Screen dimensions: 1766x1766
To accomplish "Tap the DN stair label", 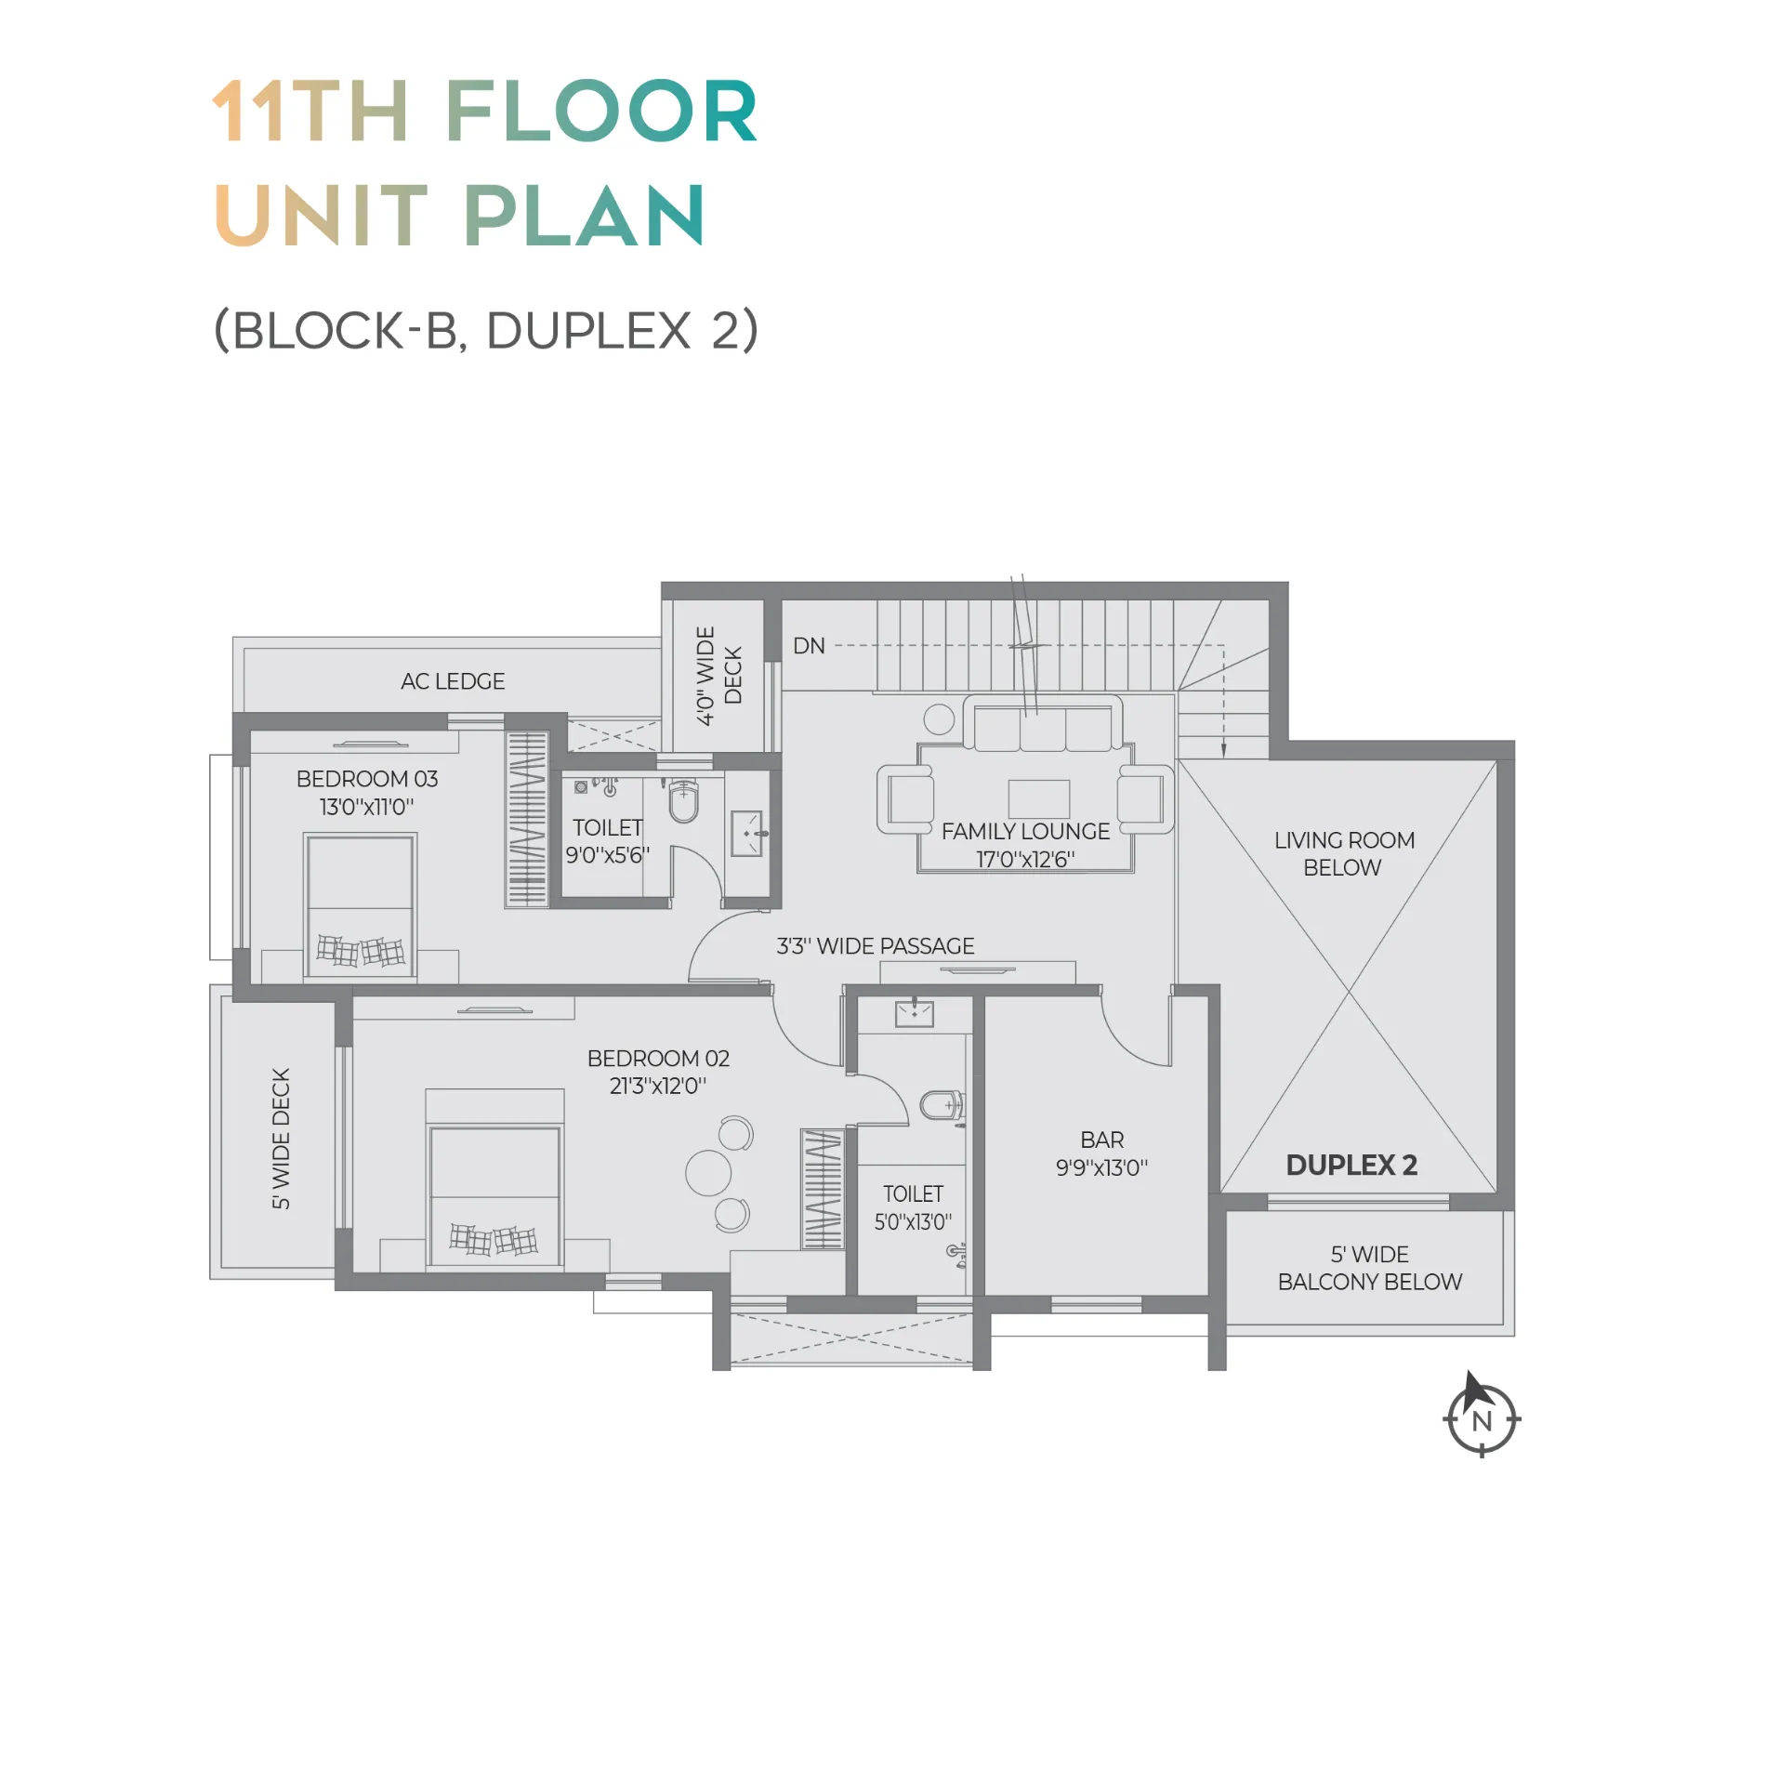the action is pyautogui.click(x=809, y=646).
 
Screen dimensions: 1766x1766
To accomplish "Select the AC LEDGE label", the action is pyautogui.click(x=453, y=681).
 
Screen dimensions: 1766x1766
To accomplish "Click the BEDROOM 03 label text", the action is pyautogui.click(x=367, y=779).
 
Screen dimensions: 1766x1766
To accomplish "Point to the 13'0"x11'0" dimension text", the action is pyautogui.click(x=367, y=807).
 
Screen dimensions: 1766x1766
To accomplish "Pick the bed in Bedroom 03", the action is pyautogui.click(x=361, y=905).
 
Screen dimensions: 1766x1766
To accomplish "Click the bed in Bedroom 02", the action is pyautogui.click(x=494, y=1178).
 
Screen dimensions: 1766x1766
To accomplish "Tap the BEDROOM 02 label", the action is pyautogui.click(x=658, y=1059).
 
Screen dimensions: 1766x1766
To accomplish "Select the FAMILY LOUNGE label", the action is pyautogui.click(x=1025, y=832).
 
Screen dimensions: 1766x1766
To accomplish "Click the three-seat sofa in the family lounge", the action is pyautogui.click(x=1043, y=724).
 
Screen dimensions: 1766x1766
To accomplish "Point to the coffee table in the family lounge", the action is pyautogui.click(x=1039, y=799).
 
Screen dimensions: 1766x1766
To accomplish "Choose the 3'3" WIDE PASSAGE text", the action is pyautogui.click(x=876, y=946).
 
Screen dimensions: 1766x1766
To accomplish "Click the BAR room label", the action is pyautogui.click(x=1102, y=1140).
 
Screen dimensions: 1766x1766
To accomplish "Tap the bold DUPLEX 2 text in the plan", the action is pyautogui.click(x=1351, y=1166).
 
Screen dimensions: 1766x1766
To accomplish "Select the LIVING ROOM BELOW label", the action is pyautogui.click(x=1344, y=854).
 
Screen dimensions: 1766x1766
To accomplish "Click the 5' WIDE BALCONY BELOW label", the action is pyautogui.click(x=1370, y=1269).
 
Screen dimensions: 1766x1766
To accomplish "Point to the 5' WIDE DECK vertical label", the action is pyautogui.click(x=281, y=1139).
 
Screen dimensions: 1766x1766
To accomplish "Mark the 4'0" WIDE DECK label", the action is pyautogui.click(x=719, y=676).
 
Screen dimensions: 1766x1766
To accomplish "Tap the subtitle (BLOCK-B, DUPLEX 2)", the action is pyautogui.click(x=486, y=330).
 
